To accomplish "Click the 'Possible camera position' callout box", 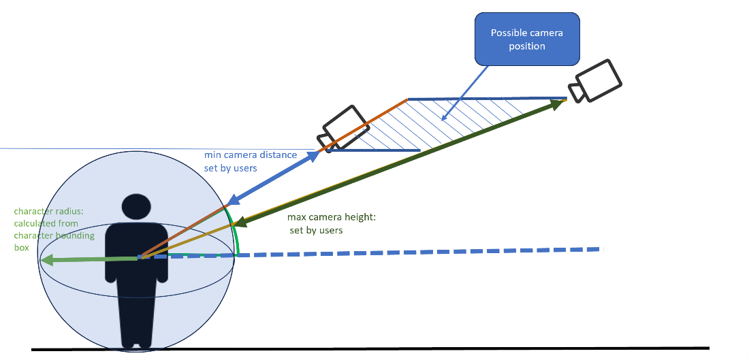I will click(x=527, y=39).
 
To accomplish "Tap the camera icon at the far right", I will click(x=596, y=81).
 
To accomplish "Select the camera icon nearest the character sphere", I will click(x=345, y=129).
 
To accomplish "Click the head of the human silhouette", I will click(x=136, y=208).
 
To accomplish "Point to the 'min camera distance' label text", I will click(x=251, y=155).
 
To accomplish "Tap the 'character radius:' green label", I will click(x=46, y=211).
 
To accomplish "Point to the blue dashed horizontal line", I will click(x=422, y=252).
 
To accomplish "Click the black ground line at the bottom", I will click(x=368, y=349).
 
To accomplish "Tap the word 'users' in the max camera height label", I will click(x=330, y=230).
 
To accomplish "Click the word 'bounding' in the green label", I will click(x=78, y=235).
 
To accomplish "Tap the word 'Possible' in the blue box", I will click(x=508, y=33).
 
